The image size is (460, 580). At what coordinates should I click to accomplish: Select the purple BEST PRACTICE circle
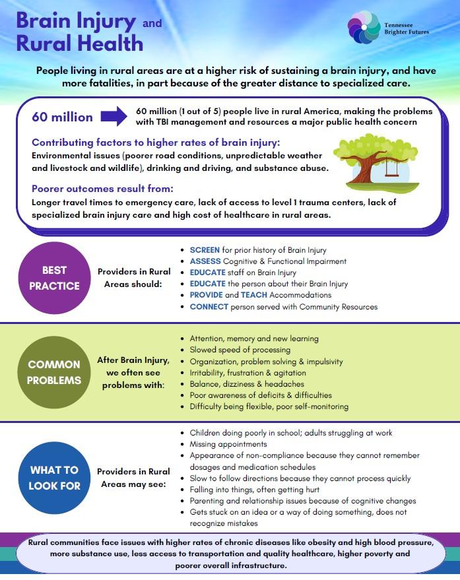pos(54,278)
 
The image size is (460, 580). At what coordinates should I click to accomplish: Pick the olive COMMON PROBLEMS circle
pos(54,372)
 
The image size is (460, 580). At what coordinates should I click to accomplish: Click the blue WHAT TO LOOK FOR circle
pos(54,478)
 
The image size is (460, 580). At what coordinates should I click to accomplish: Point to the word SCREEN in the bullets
pos(203,250)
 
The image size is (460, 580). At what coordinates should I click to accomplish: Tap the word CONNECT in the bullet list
pos(209,307)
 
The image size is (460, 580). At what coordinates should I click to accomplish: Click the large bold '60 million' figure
pos(63,117)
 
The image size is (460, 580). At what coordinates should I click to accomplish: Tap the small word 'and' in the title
pos(152,23)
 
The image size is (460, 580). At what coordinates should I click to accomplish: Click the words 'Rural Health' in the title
pos(79,44)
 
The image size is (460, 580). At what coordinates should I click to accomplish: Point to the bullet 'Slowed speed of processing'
pos(240,350)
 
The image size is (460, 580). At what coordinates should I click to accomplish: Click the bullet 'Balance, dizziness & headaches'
pos(247,383)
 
